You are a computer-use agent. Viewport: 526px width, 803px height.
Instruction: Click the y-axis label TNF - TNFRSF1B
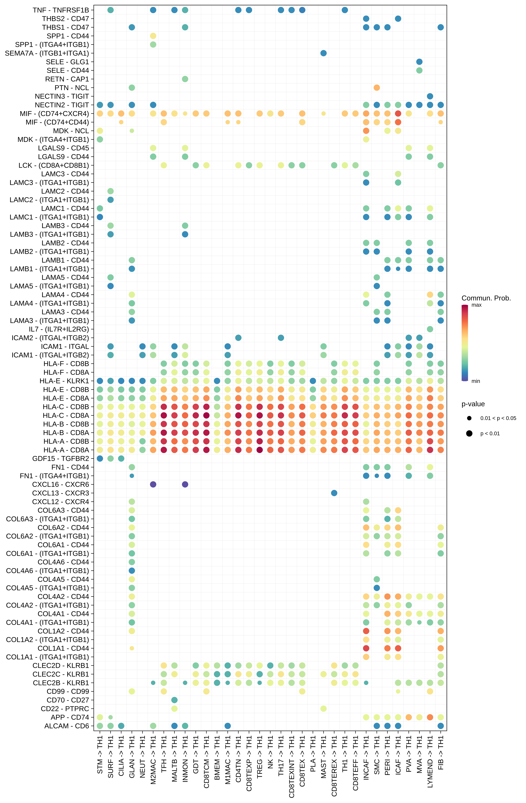click(x=61, y=10)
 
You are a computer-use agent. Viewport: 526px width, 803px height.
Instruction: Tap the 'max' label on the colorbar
click(x=476, y=305)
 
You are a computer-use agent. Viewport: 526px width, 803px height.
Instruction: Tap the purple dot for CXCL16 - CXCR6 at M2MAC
click(x=153, y=484)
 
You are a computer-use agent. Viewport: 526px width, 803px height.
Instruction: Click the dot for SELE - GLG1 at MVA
click(x=419, y=62)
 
